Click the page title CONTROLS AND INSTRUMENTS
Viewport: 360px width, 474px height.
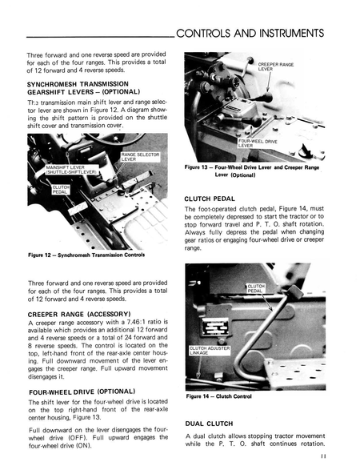pyautogui.click(x=250, y=33)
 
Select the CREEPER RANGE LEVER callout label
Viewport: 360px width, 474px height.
pyautogui.click(x=275, y=66)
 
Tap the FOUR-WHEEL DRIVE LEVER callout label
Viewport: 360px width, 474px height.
pyautogui.click(x=258, y=143)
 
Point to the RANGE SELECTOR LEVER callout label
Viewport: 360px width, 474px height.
pyautogui.click(x=140, y=157)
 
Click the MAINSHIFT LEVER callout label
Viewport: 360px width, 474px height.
pyautogui.click(x=71, y=170)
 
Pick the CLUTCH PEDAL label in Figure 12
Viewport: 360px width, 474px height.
pyautogui.click(x=61, y=190)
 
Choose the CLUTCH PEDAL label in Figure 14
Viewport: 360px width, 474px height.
pyautogui.click(x=256, y=288)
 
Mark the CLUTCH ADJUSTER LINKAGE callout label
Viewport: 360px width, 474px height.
pyautogui.click(x=210, y=351)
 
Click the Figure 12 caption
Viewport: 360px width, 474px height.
pyautogui.click(x=86, y=255)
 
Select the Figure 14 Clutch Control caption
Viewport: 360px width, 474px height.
pyautogui.click(x=218, y=396)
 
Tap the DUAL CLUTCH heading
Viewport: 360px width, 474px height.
pyautogui.click(x=209, y=424)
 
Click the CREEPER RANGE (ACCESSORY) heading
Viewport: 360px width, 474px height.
pyautogui.click(x=79, y=315)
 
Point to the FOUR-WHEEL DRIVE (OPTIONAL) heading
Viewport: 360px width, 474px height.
pyautogui.click(x=82, y=392)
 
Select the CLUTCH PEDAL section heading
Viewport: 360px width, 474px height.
pyautogui.click(x=210, y=199)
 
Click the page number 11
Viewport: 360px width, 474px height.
pyautogui.click(x=323, y=456)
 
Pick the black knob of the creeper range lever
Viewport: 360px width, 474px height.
pyautogui.click(x=266, y=98)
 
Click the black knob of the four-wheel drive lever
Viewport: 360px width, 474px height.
pyautogui.click(x=256, y=121)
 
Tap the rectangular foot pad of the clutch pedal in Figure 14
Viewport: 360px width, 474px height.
pyautogui.click(x=294, y=292)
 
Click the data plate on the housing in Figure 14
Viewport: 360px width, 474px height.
pyautogui.click(x=215, y=327)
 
